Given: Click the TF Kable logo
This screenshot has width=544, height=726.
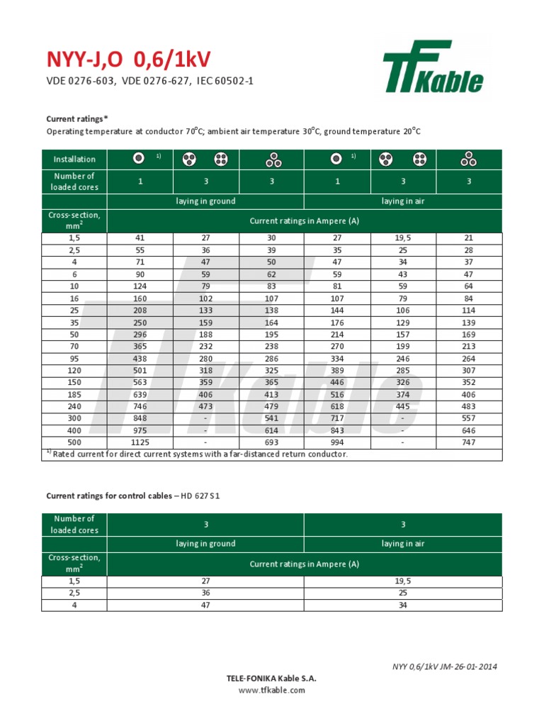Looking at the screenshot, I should pos(433,67).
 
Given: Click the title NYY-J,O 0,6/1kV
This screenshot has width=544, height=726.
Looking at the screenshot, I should pos(128,60).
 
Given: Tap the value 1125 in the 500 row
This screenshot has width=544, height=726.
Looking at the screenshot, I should pos(140,442).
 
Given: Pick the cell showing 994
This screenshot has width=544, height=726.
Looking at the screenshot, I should pos(337,442).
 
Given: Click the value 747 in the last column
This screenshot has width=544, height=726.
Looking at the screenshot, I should pos(469,442).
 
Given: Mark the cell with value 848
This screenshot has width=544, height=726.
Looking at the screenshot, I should pos(140,418).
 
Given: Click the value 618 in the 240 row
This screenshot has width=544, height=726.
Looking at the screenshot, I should pos(337,406).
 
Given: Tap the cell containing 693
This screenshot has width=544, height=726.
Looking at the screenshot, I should pos(271,442).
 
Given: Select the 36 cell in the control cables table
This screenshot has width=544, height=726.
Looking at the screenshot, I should pos(205,593).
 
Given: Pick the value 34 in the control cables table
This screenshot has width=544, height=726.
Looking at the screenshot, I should pos(402,605).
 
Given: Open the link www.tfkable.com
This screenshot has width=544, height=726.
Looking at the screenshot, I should pos(271,690).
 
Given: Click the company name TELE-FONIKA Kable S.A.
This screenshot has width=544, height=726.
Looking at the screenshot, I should pos(271,678).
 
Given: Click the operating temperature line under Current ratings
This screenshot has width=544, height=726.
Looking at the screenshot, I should pos(233,132).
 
